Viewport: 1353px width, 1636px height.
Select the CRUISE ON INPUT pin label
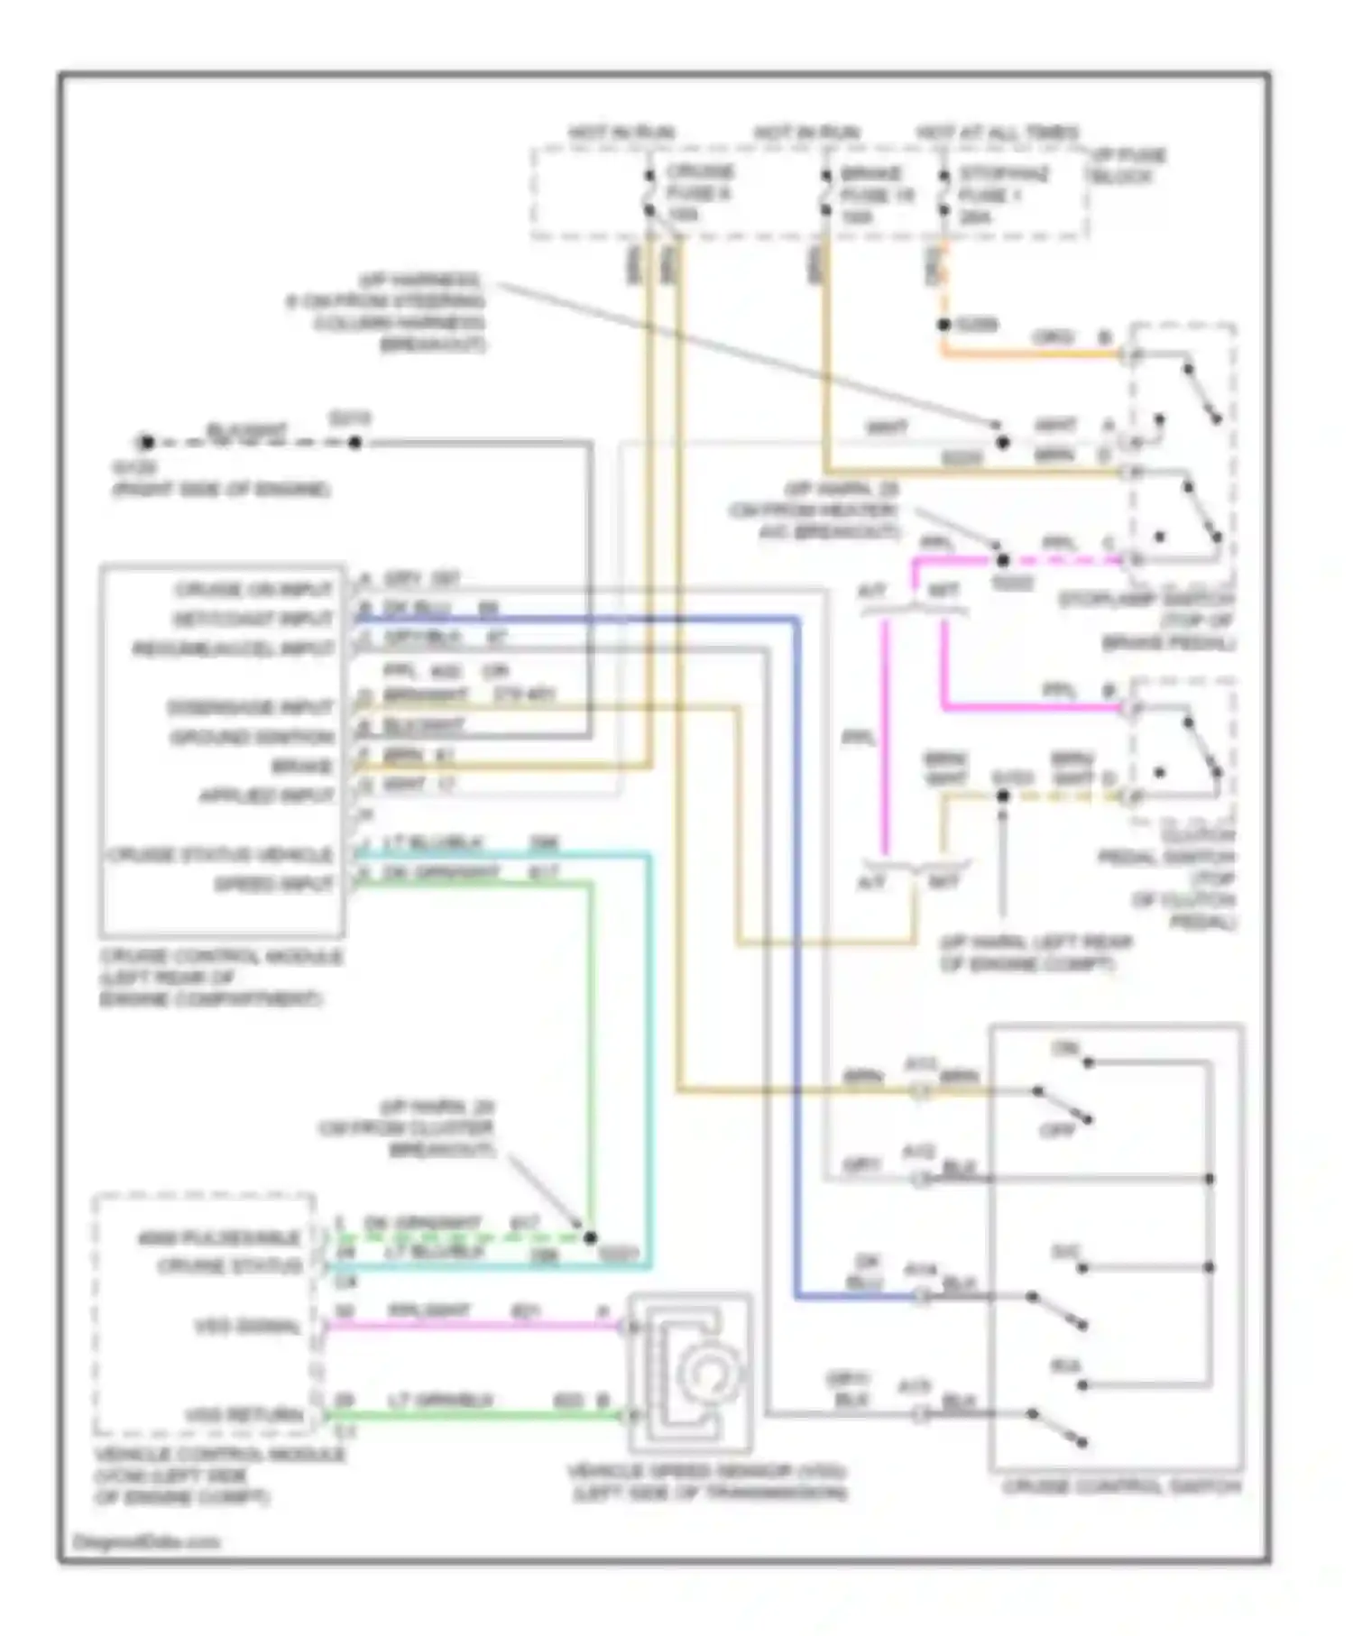point(253,590)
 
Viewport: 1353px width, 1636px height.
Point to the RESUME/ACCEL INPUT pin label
point(234,649)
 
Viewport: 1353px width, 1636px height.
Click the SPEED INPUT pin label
point(273,885)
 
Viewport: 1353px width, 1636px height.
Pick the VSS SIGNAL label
point(246,1327)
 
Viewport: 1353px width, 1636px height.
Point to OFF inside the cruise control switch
point(1057,1130)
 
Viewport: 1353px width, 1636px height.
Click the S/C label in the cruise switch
point(1065,1253)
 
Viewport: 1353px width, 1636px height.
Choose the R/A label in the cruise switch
point(1065,1367)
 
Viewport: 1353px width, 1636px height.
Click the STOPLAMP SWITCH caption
point(1146,600)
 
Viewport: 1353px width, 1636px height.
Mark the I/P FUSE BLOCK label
point(1128,166)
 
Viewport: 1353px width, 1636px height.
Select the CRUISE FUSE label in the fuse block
point(699,182)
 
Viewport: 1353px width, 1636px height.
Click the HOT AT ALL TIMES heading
point(997,133)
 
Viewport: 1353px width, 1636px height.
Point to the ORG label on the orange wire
point(1052,338)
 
